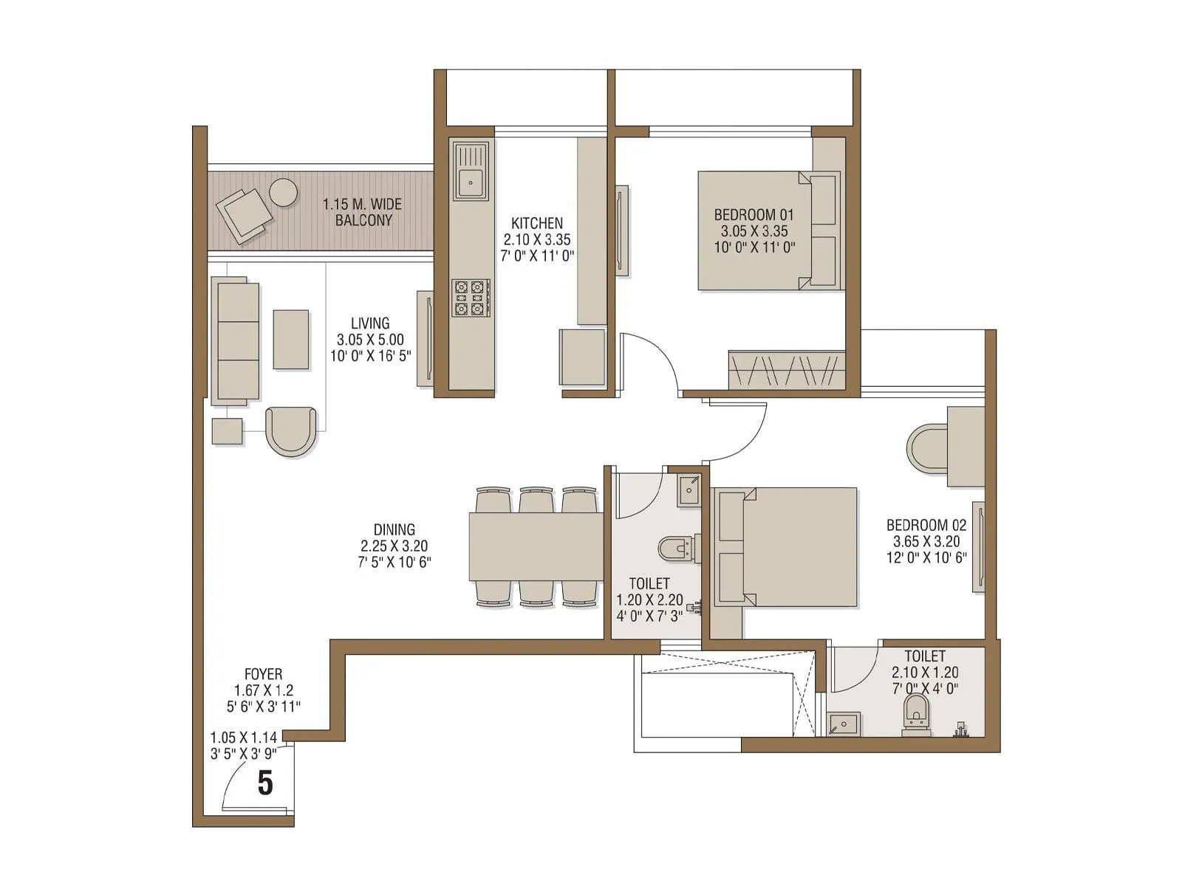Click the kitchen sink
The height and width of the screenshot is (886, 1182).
tap(471, 171)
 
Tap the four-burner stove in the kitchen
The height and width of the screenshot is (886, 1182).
tap(471, 298)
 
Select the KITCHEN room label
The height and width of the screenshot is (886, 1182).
tap(537, 223)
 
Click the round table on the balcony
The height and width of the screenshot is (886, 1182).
tap(283, 192)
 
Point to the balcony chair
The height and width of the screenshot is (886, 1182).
tap(245, 214)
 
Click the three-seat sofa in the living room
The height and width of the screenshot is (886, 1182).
tap(236, 341)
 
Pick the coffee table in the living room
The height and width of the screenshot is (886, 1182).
tap(290, 340)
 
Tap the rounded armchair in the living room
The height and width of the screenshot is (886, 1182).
tap(290, 430)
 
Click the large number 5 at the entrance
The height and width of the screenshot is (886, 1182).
tap(265, 783)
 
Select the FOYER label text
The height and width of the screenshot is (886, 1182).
tap(263, 674)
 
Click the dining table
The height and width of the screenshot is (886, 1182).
tap(536, 547)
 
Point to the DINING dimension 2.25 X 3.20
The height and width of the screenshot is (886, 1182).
tap(394, 546)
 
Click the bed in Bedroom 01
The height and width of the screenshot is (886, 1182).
tap(768, 230)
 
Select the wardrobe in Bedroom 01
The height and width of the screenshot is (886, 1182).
tap(786, 370)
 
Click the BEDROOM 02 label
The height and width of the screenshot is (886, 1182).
tap(926, 525)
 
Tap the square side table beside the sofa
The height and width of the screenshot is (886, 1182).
tap(228, 431)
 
